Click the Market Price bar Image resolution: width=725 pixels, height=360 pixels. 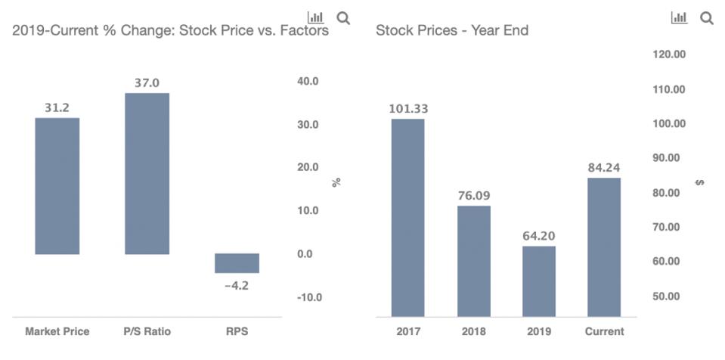pos(57,186)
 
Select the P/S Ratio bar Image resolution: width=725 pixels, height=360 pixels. pos(147,173)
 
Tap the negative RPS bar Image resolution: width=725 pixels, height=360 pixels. pos(237,263)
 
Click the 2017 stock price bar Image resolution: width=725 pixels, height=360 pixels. pos(407,218)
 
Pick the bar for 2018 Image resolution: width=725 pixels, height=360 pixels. pos(473,261)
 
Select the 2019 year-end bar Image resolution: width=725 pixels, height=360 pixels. pos(538,281)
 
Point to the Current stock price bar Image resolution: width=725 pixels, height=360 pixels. pos(604,247)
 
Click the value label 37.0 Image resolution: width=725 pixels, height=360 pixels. pos(147,83)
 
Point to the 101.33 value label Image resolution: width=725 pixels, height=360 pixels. pos(408,109)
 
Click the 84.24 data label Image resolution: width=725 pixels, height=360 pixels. pos(604,168)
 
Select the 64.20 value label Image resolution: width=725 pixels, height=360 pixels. pos(538,236)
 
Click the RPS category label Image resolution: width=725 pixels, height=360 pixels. pos(237,331)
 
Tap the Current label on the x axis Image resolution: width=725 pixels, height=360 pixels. pos(604,331)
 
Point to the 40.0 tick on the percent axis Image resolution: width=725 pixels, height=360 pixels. pos(308,81)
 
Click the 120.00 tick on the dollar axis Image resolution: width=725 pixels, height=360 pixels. pos(668,54)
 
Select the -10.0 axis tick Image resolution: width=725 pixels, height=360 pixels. pos(308,297)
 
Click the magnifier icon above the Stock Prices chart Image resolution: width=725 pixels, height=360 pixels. pos(707,18)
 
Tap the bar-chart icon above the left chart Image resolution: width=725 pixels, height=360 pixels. pos(315,17)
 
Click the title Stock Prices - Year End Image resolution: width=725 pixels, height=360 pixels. pos(451,31)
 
